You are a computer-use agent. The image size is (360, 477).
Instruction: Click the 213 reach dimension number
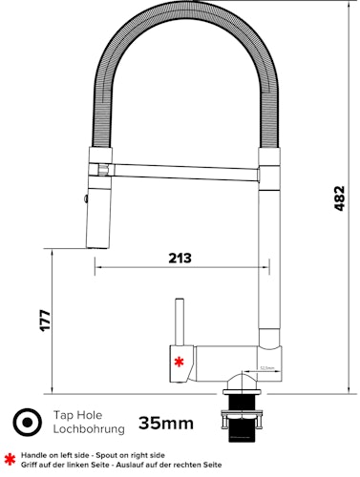click(179, 258)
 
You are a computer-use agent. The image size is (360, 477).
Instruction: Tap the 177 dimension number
click(44, 321)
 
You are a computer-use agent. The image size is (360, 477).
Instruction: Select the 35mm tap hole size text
click(166, 423)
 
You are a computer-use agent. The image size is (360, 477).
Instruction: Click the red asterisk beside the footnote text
click(10, 460)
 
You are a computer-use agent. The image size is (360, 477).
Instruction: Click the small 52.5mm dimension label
click(266, 367)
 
